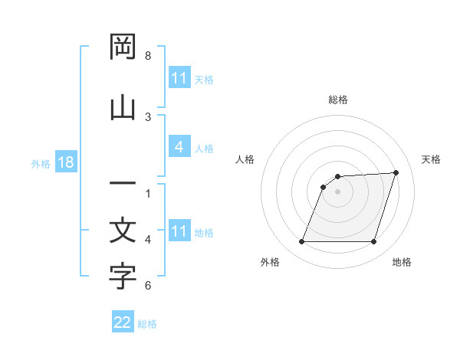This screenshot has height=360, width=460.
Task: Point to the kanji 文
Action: click(x=123, y=231)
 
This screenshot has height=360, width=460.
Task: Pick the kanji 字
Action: click(x=123, y=277)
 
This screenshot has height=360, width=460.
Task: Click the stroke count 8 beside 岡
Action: click(x=148, y=56)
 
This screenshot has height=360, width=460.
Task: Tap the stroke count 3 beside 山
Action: click(x=148, y=116)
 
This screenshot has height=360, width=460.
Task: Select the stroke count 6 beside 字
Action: click(x=148, y=286)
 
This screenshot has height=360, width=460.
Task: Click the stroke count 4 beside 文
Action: click(x=148, y=239)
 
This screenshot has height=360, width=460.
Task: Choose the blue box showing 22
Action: click(x=123, y=322)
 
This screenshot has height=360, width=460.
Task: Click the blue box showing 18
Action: click(x=64, y=163)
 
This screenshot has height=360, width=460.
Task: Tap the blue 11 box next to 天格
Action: click(x=179, y=78)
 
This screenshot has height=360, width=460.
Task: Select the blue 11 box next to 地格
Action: click(x=179, y=231)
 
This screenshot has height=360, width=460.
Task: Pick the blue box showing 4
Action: click(x=179, y=147)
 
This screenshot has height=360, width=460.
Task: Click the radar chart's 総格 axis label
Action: click(x=338, y=100)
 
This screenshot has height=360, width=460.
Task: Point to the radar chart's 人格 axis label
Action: click(x=245, y=159)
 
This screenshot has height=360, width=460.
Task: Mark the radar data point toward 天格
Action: click(x=396, y=172)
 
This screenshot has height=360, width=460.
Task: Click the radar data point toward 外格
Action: click(x=301, y=242)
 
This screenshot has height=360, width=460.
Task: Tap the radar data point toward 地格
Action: click(x=373, y=242)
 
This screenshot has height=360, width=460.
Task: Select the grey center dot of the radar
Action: click(x=337, y=191)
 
